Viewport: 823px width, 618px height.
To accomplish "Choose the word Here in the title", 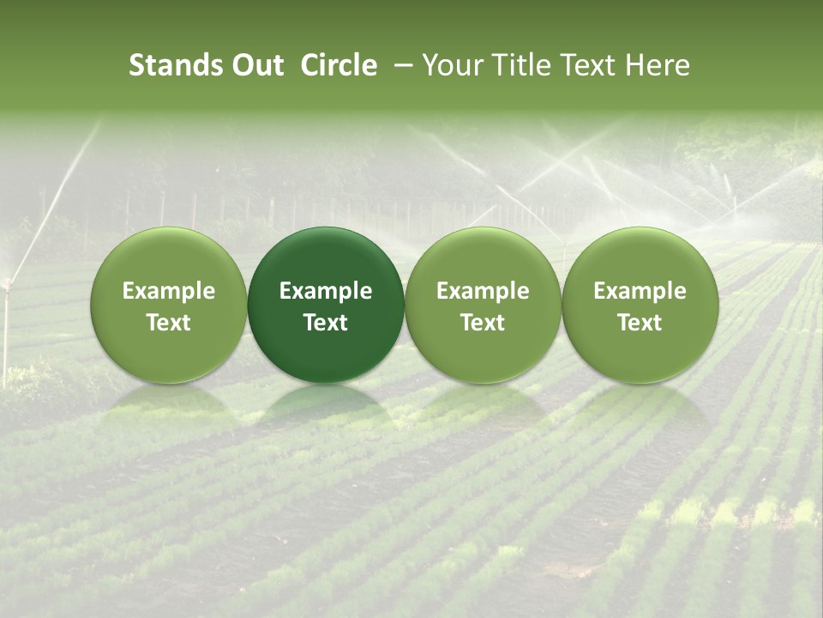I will (x=657, y=65).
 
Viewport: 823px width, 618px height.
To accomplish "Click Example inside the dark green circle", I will (x=326, y=291).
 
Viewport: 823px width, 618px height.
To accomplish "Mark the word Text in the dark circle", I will (x=326, y=323).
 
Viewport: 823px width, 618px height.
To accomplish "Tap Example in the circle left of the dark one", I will (x=169, y=291).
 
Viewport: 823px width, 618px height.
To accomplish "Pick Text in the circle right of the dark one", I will (x=483, y=323).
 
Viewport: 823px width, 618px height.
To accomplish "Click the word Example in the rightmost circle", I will (x=640, y=291).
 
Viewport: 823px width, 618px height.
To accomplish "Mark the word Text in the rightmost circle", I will (x=640, y=323).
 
